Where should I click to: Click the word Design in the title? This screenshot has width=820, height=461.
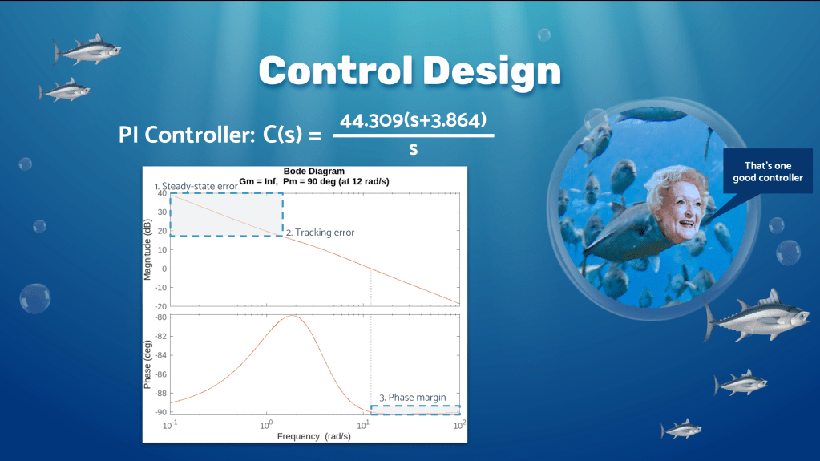[492, 72]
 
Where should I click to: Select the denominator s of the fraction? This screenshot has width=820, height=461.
[413, 149]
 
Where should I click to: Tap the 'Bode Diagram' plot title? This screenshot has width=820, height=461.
[313, 171]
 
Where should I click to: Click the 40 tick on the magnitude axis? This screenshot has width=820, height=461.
[162, 193]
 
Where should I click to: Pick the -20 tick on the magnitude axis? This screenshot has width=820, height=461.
[160, 306]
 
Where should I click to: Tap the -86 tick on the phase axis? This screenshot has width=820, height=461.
[160, 374]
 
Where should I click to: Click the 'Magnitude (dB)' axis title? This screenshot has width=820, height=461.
[147, 249]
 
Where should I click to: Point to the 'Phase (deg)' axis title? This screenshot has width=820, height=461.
[147, 365]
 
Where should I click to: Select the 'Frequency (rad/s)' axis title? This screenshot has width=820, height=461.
[313, 436]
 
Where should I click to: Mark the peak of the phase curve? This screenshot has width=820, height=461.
[293, 316]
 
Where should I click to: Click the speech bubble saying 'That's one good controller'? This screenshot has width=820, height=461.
[767, 172]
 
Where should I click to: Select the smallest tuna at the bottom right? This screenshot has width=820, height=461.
[681, 430]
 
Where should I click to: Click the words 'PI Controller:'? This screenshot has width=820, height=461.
[187, 135]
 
